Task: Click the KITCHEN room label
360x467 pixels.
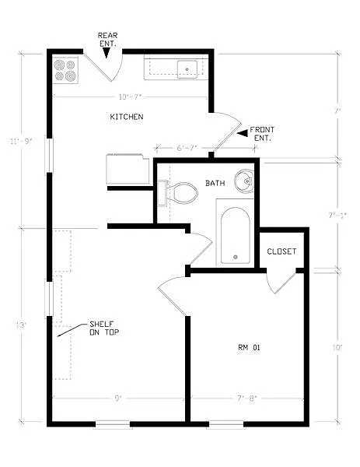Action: pos(126,117)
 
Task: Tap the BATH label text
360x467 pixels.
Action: pos(215,183)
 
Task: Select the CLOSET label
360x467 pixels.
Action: pos(281,251)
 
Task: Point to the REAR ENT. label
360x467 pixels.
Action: pos(107,40)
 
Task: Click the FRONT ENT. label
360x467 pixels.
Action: pos(262,133)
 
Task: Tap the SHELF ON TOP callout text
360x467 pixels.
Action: pos(103,328)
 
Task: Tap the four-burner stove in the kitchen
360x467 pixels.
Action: pos(65,71)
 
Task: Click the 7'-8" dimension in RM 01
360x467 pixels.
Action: pos(246,399)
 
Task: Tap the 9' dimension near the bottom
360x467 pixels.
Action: pos(117,399)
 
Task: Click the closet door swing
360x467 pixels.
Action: pos(278,282)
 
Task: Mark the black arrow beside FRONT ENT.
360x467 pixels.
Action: pos(242,134)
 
